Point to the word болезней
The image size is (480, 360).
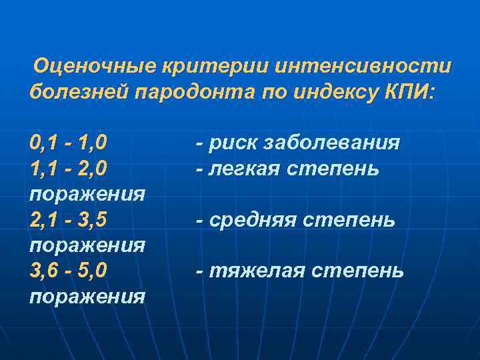tap(79, 92)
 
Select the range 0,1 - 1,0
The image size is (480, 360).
tap(69, 143)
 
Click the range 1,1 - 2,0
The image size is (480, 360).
tap(68, 169)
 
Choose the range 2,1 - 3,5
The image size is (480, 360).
tap(68, 220)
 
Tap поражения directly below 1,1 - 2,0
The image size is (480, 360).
tap(87, 194)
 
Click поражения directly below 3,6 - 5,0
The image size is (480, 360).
tap(87, 296)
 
